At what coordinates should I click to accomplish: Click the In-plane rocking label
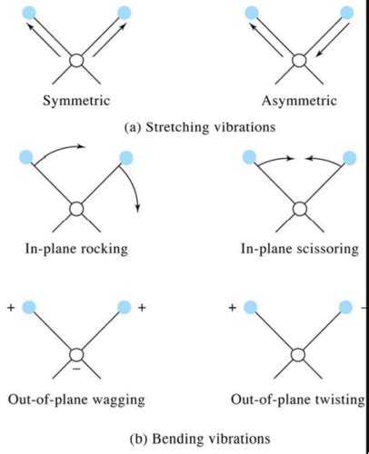(76, 246)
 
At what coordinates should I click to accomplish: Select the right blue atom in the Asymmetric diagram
(346, 14)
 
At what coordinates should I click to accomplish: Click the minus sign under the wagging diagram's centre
(78, 370)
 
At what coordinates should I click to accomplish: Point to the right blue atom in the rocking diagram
(125, 158)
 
